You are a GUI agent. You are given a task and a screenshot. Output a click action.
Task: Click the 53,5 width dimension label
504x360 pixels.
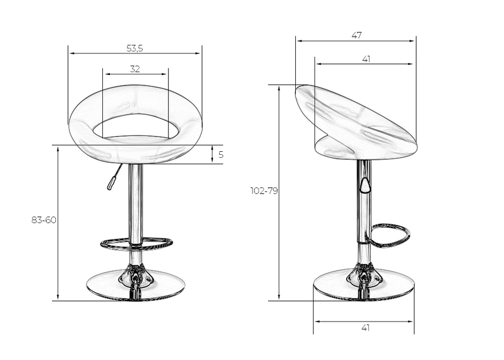(x=135, y=48)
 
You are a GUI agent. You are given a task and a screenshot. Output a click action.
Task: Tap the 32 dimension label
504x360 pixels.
(x=135, y=69)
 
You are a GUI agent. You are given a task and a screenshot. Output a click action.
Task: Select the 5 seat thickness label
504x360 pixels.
(x=221, y=155)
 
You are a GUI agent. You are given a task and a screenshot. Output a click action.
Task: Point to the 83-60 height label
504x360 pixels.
(x=44, y=220)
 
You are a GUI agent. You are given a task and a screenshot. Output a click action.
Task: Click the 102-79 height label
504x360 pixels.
(x=264, y=191)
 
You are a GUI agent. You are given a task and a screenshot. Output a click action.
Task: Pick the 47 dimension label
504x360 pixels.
(x=356, y=35)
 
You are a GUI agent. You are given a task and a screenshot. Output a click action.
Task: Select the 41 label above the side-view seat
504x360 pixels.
(x=366, y=59)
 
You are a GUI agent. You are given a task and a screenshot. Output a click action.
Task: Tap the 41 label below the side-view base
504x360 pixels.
(x=365, y=328)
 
